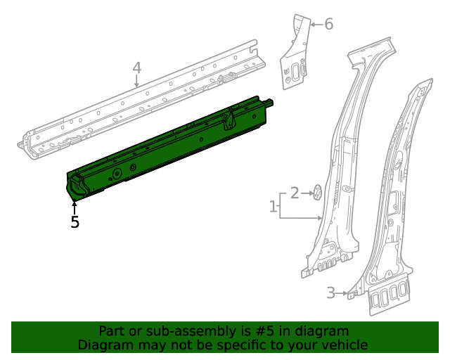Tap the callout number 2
click(x=295, y=191)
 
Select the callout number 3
click(x=330, y=293)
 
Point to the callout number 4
click(x=137, y=68)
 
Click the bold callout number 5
click(x=75, y=222)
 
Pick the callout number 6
click(x=328, y=25)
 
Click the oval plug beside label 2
click(x=316, y=191)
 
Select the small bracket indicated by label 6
click(x=295, y=56)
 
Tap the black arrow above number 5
click(x=75, y=207)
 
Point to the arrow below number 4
click(x=137, y=82)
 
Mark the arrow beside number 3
click(x=342, y=293)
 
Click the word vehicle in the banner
click(x=342, y=345)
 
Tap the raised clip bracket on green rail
click(x=229, y=120)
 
